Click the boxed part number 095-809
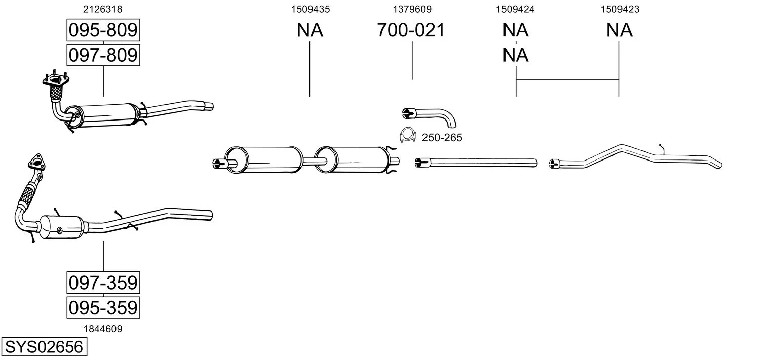coord(103,30)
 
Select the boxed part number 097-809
coord(103,55)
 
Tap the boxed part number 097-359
coord(103,283)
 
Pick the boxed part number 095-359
coord(103,307)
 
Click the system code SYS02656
coord(44,347)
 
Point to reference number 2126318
coord(103,9)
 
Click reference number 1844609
coord(103,329)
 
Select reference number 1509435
coord(310,9)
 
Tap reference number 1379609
coord(412,9)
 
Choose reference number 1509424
coord(516,9)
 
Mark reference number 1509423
coord(619,9)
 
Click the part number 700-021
coord(411,30)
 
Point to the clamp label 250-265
coord(442,138)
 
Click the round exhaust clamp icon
coord(406,135)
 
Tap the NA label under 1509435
coord(310,30)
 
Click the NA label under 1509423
coord(619,30)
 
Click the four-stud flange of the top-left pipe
coord(55,80)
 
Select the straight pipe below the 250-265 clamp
coord(476,162)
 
